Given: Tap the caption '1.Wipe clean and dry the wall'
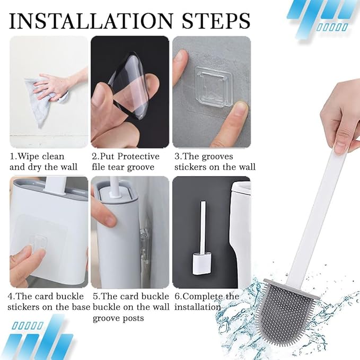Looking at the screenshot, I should (x=44, y=162).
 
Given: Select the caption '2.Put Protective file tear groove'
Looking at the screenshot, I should (x=125, y=162).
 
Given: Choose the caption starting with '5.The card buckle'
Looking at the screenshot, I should (x=130, y=307).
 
